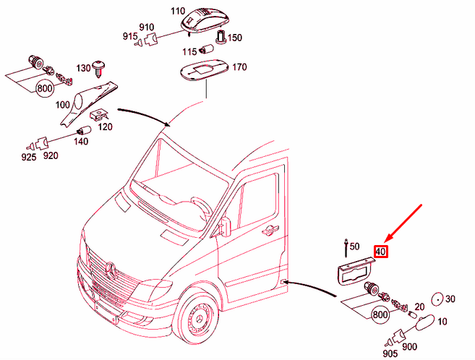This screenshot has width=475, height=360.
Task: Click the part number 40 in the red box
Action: click(x=381, y=252)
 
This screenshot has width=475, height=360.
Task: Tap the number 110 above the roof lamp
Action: click(x=178, y=11)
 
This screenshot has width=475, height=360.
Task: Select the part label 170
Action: click(x=239, y=67)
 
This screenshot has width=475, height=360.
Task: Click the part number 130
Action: click(x=83, y=68)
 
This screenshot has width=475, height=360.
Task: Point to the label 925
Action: click(x=29, y=157)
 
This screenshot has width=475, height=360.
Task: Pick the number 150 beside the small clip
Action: click(x=235, y=38)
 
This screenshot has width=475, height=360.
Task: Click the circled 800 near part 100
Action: click(x=45, y=89)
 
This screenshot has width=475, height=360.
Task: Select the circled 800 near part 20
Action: click(x=380, y=314)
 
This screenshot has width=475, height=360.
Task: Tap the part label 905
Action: click(x=390, y=353)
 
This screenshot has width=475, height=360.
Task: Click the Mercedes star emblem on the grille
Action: click(x=111, y=270)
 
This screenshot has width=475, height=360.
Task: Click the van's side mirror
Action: click(x=225, y=226)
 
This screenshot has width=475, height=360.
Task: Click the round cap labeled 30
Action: click(x=437, y=299)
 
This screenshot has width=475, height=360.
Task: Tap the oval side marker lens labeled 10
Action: click(x=424, y=322)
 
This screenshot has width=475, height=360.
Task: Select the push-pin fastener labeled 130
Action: click(x=98, y=69)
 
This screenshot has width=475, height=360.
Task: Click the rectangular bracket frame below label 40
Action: click(x=354, y=272)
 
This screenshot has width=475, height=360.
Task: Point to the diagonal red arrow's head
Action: click(x=386, y=241)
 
